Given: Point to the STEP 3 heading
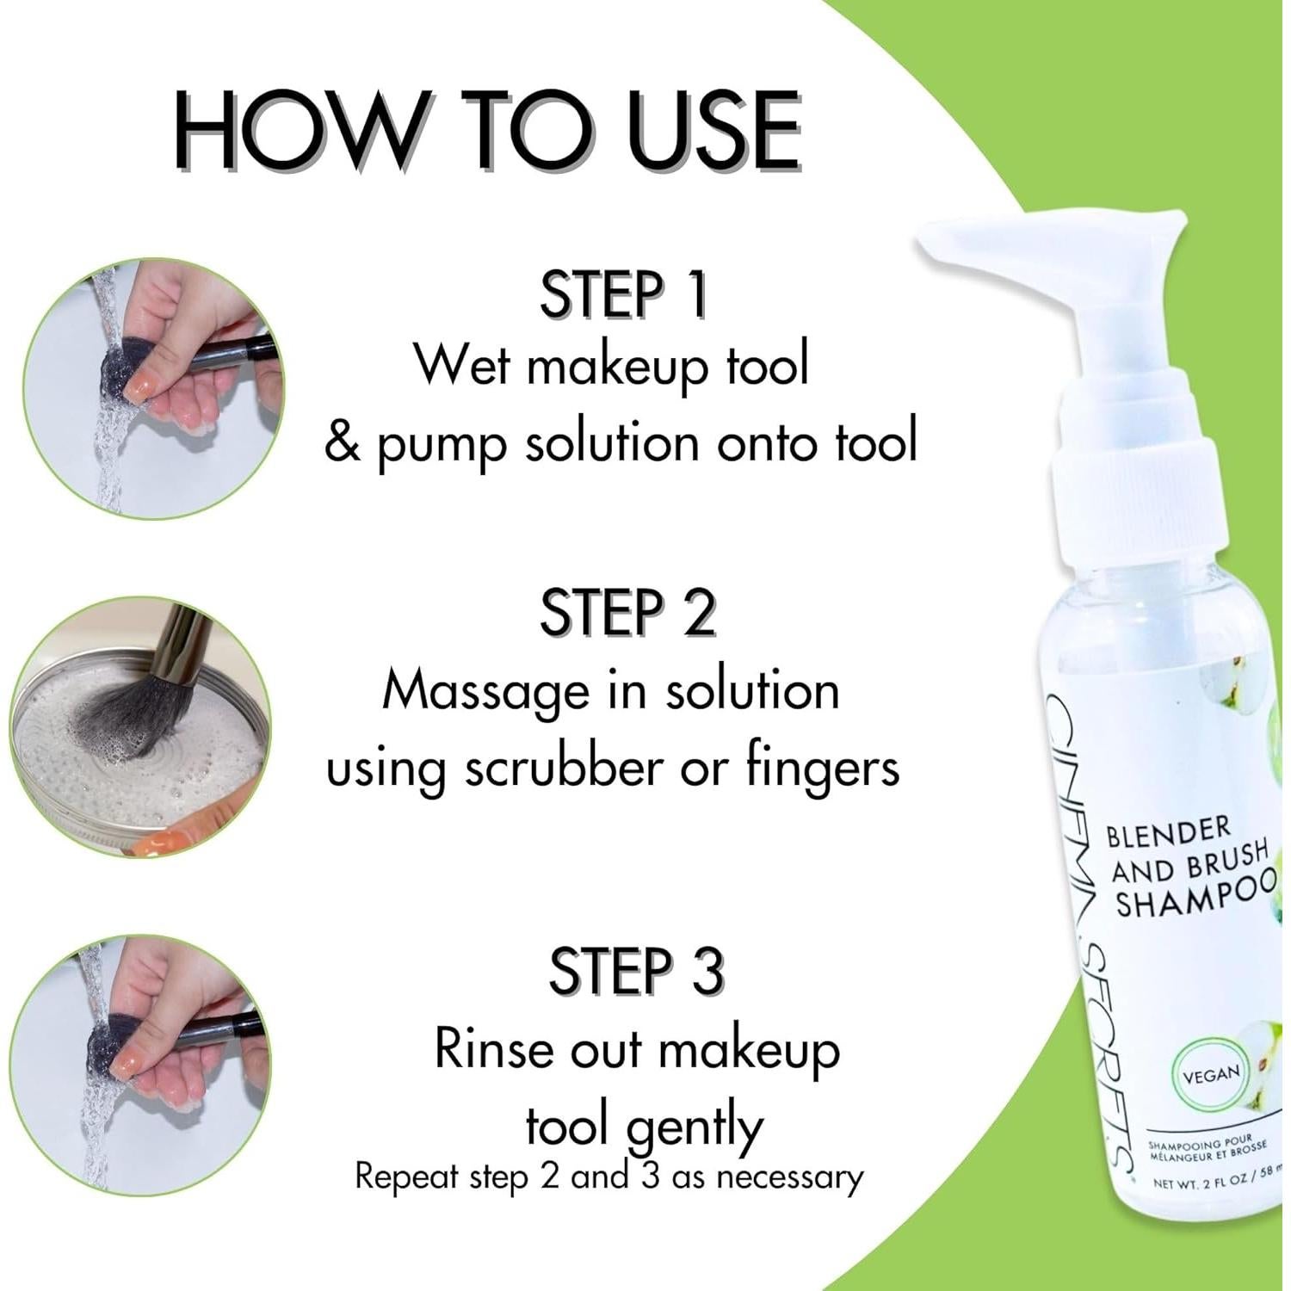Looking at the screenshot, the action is (x=636, y=970).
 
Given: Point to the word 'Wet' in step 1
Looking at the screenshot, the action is (x=464, y=365).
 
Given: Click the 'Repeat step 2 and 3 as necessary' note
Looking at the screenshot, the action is (x=608, y=1177).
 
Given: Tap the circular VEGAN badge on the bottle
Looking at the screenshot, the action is (x=1211, y=1074).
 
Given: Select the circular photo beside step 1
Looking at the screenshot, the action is (x=153, y=389).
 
